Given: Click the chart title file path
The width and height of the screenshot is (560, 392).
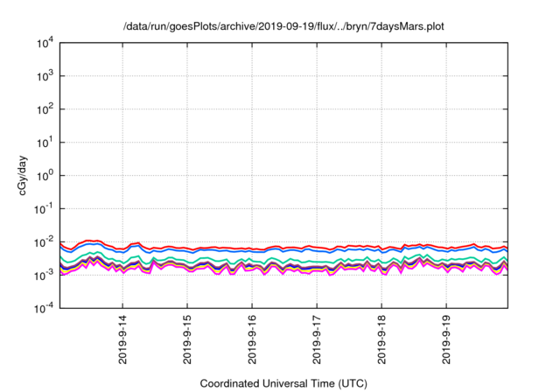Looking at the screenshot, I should [283, 26].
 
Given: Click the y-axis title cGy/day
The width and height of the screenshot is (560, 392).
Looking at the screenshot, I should [25, 174].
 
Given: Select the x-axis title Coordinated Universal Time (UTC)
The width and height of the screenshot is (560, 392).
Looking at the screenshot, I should [283, 383].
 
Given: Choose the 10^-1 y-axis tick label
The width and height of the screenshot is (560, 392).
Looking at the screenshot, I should [43, 208].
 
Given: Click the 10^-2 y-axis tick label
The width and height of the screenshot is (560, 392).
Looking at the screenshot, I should [43, 241].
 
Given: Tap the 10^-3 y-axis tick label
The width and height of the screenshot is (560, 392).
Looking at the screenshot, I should [43, 275].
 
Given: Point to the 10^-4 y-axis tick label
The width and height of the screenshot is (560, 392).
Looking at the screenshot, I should [43, 307].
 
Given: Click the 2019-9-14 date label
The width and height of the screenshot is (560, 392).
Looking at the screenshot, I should [123, 339].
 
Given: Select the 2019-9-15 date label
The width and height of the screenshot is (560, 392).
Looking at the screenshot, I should [188, 339].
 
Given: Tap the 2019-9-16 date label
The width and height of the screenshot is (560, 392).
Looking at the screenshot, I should [253, 339].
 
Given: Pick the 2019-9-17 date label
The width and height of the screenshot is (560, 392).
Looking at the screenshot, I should [318, 339].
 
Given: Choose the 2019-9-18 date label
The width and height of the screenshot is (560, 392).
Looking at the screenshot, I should [382, 339].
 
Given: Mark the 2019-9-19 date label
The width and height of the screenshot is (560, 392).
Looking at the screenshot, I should [447, 339].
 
